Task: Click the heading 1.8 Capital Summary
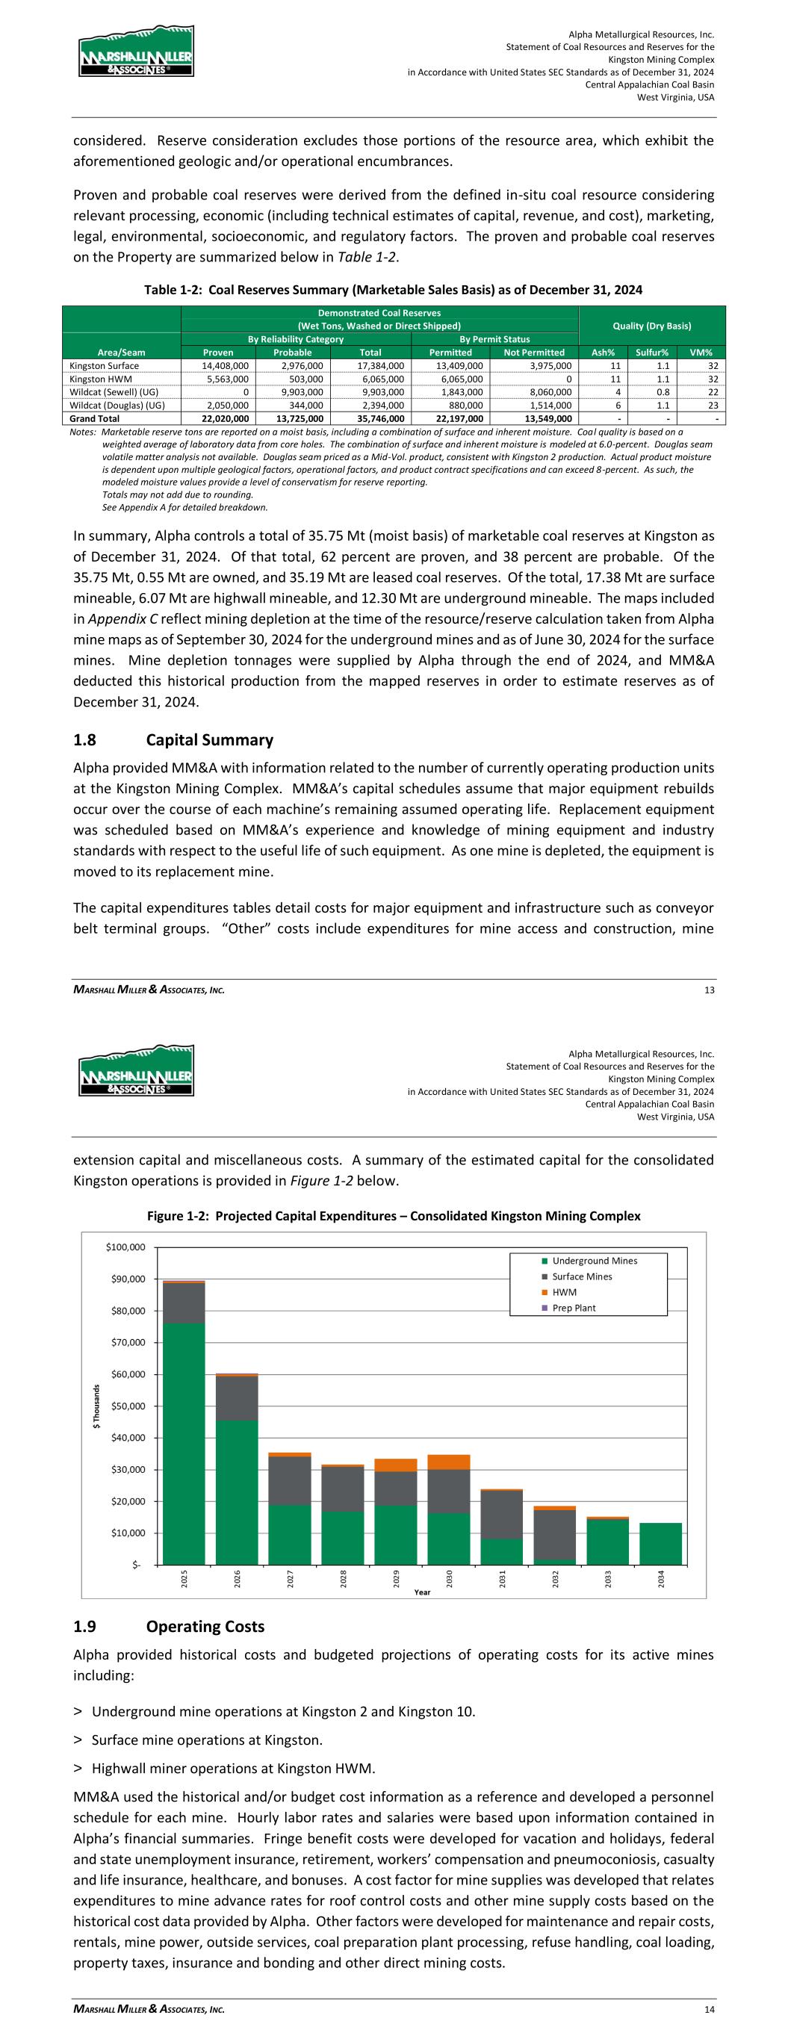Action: tap(173, 739)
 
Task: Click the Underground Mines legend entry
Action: tap(594, 1261)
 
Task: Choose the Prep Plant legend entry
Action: tap(574, 1309)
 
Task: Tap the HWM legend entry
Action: tap(564, 1293)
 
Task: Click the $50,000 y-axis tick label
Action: tap(127, 1406)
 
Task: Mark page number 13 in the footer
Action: tap(709, 990)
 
